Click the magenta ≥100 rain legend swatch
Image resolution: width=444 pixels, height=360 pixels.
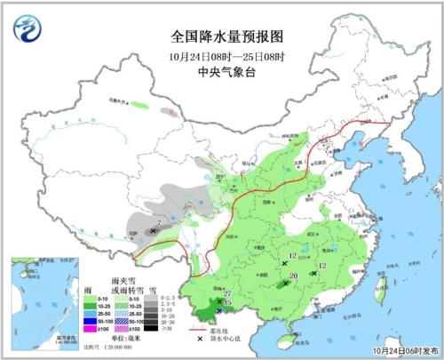(90, 330)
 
